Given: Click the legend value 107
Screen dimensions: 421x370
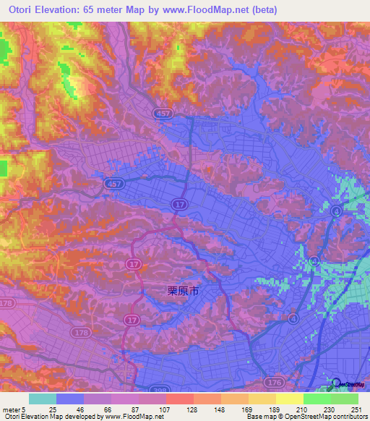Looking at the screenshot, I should [x=165, y=409].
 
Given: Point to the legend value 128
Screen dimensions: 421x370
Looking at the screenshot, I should [x=193, y=409].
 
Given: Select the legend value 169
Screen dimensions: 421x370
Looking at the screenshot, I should [x=248, y=409].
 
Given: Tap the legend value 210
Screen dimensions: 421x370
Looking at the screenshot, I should [x=302, y=409].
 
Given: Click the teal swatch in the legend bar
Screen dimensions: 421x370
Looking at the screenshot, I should [x=42, y=399].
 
